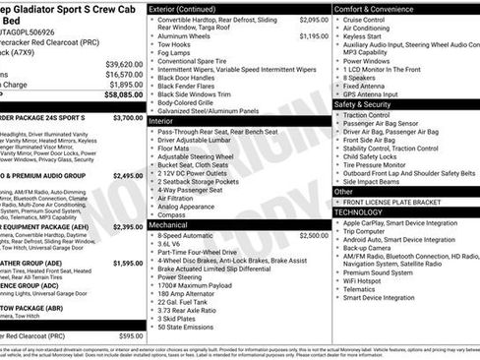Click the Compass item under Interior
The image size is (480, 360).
pos(173,213)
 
